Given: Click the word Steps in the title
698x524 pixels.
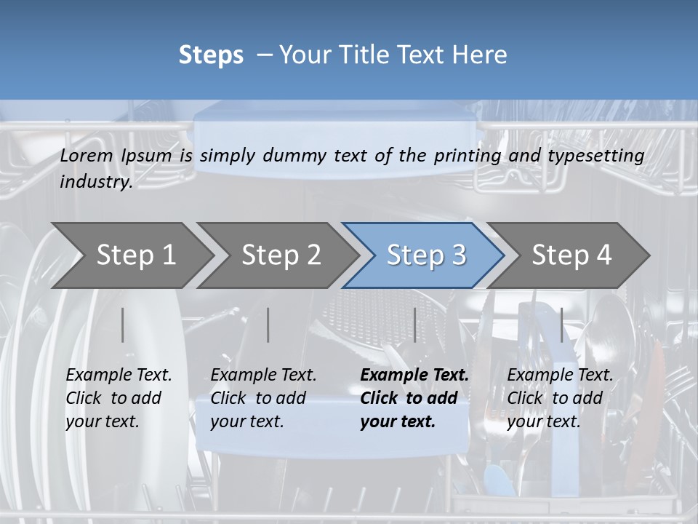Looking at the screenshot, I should click(211, 55).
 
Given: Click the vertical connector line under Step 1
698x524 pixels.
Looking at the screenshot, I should click(123, 325).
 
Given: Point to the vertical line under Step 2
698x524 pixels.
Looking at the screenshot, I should click(268, 325).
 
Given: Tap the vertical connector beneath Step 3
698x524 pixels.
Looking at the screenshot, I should click(415, 325).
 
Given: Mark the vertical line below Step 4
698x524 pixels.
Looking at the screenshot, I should click(561, 325).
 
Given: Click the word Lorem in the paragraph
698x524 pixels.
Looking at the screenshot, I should click(86, 156).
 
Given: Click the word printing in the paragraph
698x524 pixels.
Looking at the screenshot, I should click(466, 156).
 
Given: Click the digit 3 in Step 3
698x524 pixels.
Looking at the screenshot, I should click(459, 255).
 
